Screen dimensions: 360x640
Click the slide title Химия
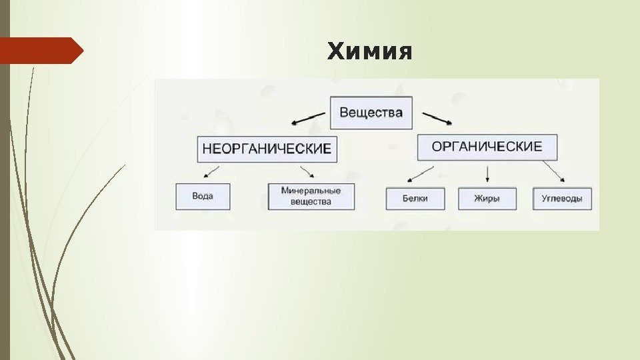click(369, 51)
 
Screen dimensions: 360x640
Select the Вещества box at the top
click(371, 113)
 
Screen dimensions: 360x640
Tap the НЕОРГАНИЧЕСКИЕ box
click(267, 149)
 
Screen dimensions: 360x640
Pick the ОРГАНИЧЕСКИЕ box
click(487, 147)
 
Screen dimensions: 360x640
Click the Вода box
click(203, 197)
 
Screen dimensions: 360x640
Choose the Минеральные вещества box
click(311, 196)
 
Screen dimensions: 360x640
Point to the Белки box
click(415, 199)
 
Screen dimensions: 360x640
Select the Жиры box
click(487, 199)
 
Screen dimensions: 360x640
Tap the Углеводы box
click(562, 199)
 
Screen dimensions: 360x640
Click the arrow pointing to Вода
click(211, 173)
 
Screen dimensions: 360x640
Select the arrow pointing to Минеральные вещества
click(307, 171)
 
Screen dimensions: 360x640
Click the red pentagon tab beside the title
click(41, 51)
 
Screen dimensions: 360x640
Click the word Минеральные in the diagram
click(311, 191)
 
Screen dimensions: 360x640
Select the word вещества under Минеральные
click(311, 201)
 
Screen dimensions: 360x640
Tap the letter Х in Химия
click(335, 51)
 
